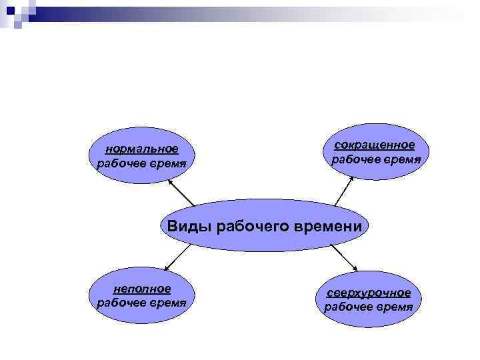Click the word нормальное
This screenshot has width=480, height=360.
pos(141,149)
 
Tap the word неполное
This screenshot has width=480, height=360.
pos(141,288)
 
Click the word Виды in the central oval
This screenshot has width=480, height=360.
pos(188,226)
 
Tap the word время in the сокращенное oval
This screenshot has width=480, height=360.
pos(399,160)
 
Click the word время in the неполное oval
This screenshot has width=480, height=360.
pos(165,303)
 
